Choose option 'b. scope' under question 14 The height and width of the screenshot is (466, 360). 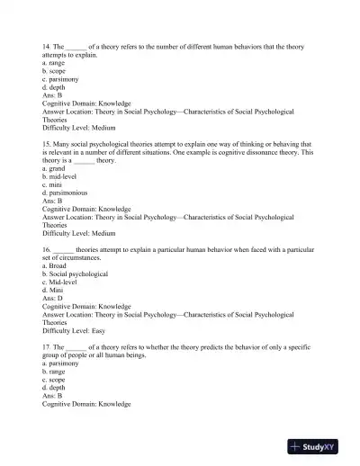pyautogui.click(x=56, y=72)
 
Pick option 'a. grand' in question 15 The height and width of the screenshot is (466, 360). pyautogui.click(x=56, y=168)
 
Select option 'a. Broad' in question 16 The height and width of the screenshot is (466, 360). pyautogui.click(x=56, y=264)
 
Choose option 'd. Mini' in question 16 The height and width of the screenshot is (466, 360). pyautogui.click(x=55, y=290)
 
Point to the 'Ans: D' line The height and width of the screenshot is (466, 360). pyautogui.click(x=53, y=298)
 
